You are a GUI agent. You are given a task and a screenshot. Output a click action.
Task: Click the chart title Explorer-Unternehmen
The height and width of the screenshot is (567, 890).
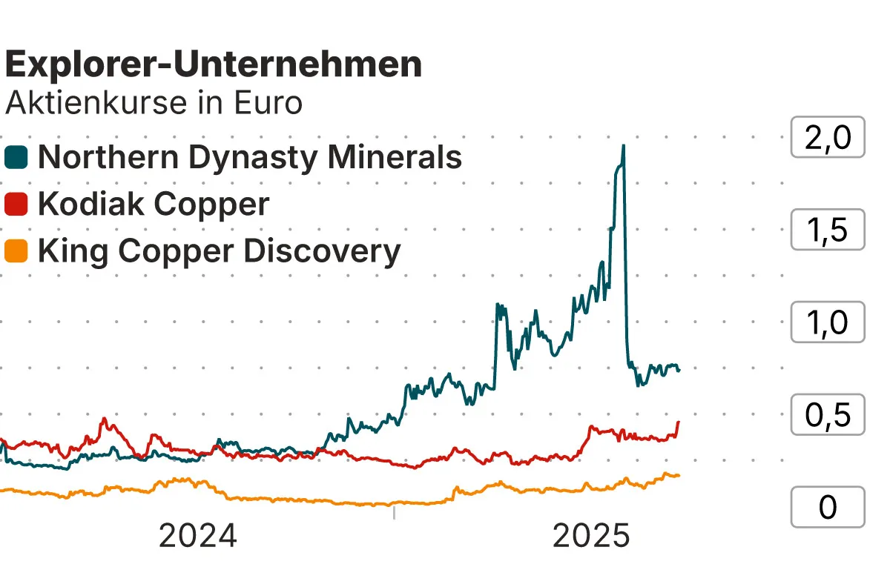(x=214, y=65)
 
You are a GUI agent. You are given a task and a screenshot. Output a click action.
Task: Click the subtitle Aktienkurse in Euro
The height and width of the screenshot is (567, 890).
(x=154, y=103)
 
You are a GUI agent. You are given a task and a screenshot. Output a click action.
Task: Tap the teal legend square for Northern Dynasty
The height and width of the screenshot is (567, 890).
(x=16, y=157)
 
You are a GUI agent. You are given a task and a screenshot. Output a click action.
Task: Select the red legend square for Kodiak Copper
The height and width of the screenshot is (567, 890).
(x=16, y=204)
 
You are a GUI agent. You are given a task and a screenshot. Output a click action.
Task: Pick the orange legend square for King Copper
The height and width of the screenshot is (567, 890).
(x=16, y=251)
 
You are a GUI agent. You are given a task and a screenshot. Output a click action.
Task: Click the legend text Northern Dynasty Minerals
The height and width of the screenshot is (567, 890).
(x=250, y=157)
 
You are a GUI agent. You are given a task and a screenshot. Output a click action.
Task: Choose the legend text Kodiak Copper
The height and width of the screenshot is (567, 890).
(x=154, y=204)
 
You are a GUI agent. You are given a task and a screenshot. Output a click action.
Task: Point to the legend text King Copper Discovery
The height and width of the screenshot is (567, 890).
(x=219, y=251)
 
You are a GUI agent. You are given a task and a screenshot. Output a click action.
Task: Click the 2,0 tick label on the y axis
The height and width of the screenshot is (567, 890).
(x=828, y=138)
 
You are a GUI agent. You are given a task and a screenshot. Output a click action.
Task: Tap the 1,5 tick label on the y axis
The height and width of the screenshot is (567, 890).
(x=828, y=231)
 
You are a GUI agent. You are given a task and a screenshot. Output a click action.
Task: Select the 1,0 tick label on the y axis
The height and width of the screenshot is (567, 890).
(x=828, y=322)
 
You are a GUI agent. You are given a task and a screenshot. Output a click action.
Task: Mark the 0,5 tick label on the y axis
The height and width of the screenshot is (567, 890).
(x=828, y=415)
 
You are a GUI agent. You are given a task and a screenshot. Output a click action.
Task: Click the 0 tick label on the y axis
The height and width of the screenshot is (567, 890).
(x=828, y=507)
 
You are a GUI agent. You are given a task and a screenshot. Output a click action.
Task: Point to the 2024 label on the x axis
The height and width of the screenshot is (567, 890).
(x=198, y=535)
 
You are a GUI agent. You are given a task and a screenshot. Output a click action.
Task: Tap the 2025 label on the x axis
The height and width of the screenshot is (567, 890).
(x=591, y=535)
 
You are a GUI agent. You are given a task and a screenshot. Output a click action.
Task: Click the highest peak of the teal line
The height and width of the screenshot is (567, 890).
(x=623, y=146)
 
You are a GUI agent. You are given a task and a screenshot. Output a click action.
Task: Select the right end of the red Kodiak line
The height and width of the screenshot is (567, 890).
(x=678, y=422)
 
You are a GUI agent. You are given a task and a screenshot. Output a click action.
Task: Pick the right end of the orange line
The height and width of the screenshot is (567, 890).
(x=679, y=475)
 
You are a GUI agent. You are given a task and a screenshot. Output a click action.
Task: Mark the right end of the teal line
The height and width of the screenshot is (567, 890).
(x=679, y=370)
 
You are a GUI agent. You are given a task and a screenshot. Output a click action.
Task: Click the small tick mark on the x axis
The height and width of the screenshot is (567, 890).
(x=394, y=512)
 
